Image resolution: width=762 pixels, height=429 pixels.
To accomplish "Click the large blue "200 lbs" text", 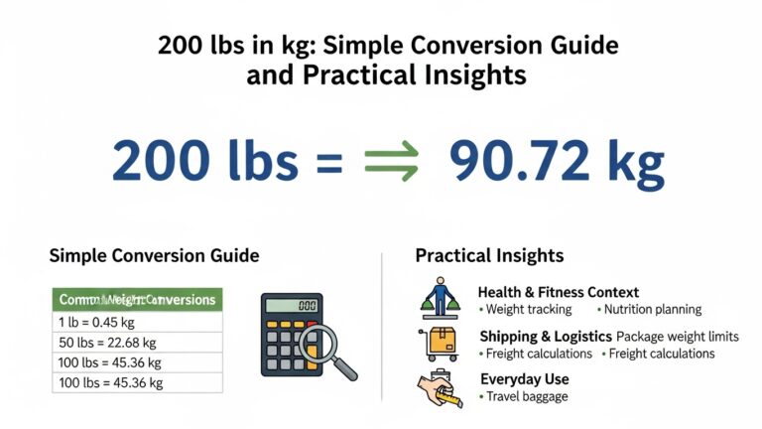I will [x=204, y=161].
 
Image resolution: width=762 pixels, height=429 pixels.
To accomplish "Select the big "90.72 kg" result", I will [x=556, y=161].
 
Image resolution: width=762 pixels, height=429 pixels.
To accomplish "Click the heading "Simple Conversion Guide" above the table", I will [x=154, y=255].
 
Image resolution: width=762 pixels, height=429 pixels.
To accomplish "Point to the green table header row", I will [x=138, y=299].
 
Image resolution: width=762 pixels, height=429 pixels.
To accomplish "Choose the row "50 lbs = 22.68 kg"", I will [x=138, y=342].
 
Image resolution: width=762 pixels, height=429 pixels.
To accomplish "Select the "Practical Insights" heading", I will [x=489, y=255].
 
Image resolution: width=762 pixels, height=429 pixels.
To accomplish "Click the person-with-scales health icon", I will [x=437, y=297].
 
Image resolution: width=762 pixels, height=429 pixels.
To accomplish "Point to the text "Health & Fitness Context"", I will [x=558, y=292].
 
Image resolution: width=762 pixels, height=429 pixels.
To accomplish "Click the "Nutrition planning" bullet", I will [x=652, y=309].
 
